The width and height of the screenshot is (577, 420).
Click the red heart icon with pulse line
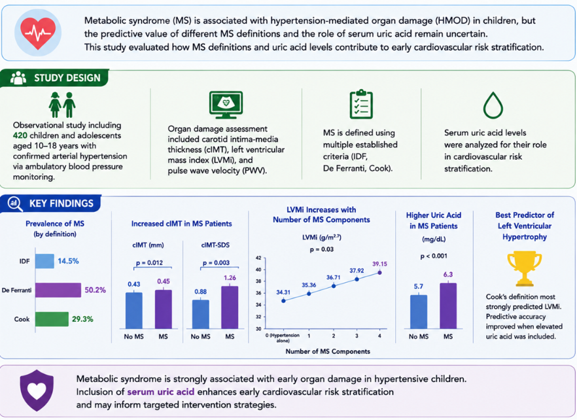[x=38, y=33]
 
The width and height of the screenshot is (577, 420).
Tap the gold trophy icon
[x=525, y=268]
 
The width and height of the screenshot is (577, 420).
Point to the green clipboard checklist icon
[x=361, y=104]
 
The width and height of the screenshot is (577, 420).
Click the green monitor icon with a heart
[x=226, y=105]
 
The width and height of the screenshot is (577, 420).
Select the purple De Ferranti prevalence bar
[x=58, y=290]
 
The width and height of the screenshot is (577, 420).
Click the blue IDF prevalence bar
[x=44, y=261]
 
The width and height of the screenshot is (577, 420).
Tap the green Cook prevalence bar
[x=52, y=319]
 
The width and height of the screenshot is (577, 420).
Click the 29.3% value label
[x=82, y=319]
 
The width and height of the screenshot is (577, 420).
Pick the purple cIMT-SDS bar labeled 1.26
[x=230, y=307]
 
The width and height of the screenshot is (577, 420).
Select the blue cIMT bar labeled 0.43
[x=134, y=311]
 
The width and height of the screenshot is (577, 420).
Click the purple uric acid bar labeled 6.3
[x=448, y=306]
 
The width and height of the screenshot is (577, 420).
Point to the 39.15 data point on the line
[x=379, y=273]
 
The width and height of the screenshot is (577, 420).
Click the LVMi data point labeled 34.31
[x=283, y=301]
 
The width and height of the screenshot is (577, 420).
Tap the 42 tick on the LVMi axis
[x=258, y=258]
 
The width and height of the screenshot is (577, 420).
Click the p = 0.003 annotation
[x=216, y=263]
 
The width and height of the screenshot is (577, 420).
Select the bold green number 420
[x=20, y=135]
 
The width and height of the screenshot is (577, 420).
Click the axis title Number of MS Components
[x=328, y=351]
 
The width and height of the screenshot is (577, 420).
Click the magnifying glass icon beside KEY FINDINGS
[x=15, y=203]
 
